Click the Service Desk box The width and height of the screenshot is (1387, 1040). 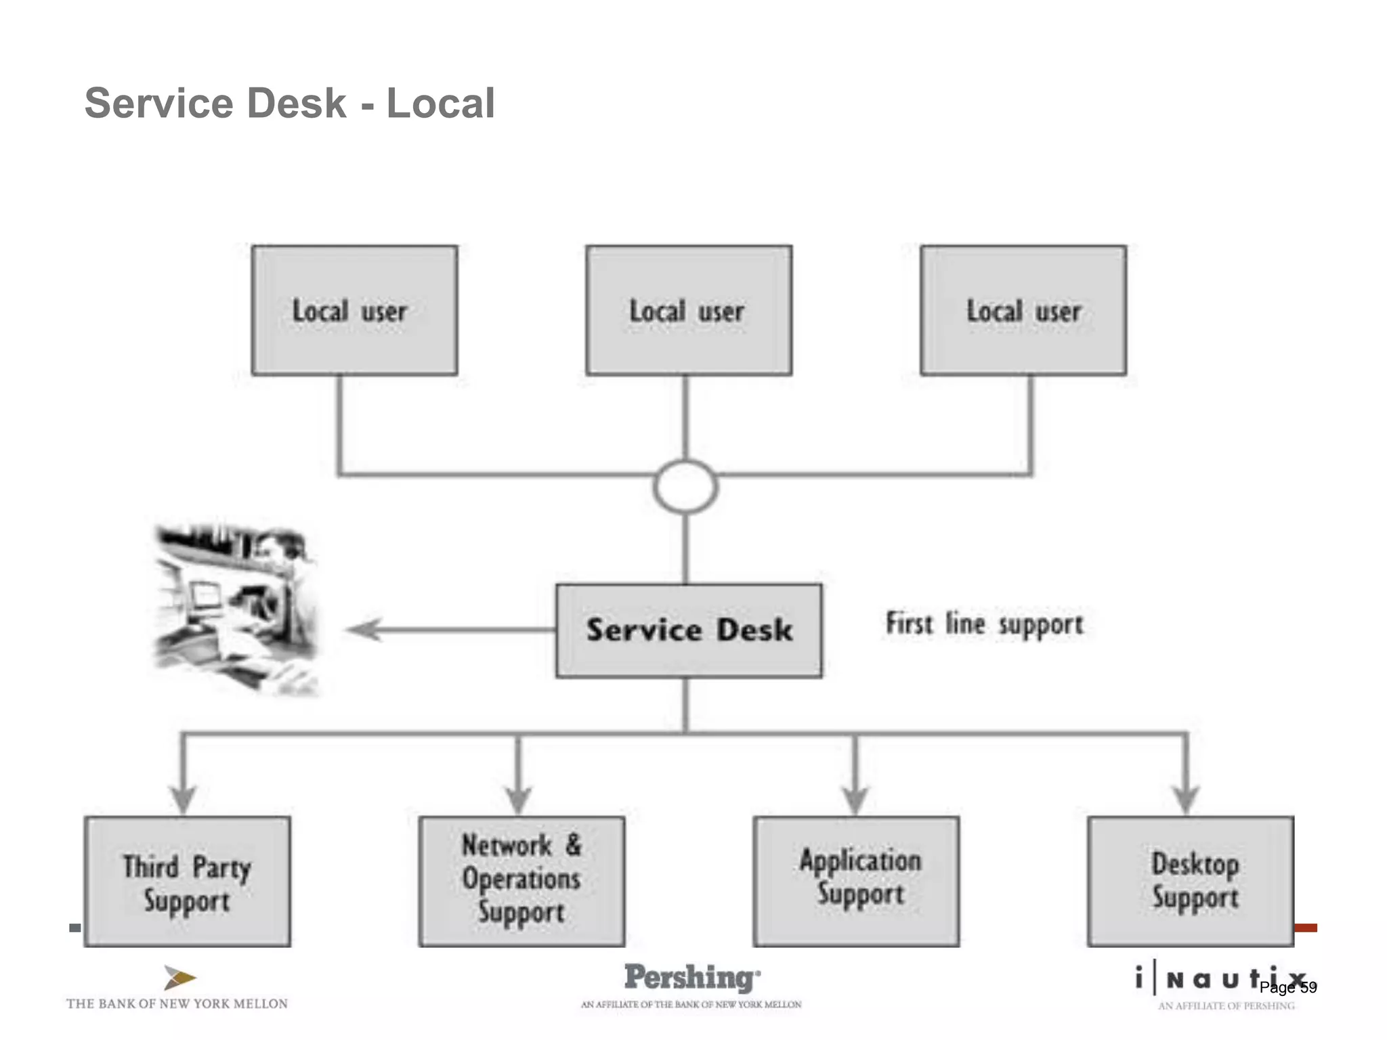pyautogui.click(x=689, y=630)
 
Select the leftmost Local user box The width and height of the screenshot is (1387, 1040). pyautogui.click(x=354, y=310)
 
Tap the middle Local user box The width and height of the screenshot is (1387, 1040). pyautogui.click(x=689, y=310)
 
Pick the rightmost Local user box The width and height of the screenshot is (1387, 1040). pyautogui.click(x=1023, y=310)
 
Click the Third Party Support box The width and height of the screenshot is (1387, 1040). pyautogui.click(x=188, y=881)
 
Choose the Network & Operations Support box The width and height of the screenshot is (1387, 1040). pyautogui.click(x=521, y=881)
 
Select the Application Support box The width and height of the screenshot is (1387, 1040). pyautogui.click(x=856, y=881)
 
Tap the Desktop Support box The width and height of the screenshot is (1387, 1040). pyautogui.click(x=1191, y=881)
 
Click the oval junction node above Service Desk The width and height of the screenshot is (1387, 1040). pyautogui.click(x=685, y=486)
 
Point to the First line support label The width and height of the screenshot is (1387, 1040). pyautogui.click(x=984, y=624)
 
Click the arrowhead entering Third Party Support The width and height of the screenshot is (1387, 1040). pyautogui.click(x=183, y=799)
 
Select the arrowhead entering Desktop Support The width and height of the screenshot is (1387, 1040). pyautogui.click(x=1186, y=799)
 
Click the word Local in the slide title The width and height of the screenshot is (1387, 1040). pyautogui.click(x=440, y=103)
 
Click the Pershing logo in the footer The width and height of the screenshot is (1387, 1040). pyautogui.click(x=691, y=978)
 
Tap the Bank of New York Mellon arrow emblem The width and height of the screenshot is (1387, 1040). pyautogui.click(x=179, y=978)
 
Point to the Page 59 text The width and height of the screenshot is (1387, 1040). pyautogui.click(x=1287, y=987)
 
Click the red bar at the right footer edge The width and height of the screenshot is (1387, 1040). pyautogui.click(x=1305, y=928)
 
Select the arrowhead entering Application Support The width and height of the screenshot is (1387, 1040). pyautogui.click(x=855, y=799)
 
